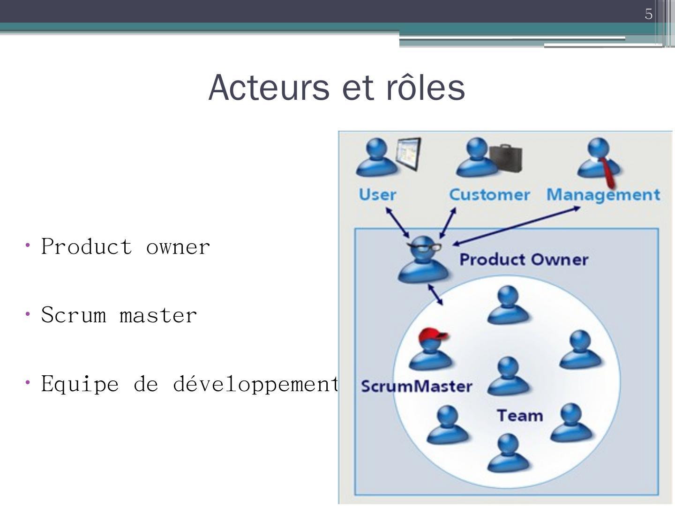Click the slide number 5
[x=648, y=14]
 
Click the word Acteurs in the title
[x=269, y=88]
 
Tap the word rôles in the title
[x=425, y=88]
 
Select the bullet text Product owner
[x=126, y=247]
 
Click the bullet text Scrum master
[x=119, y=315]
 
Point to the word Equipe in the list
[x=80, y=384]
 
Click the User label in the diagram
[x=377, y=194]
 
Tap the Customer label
[x=489, y=194]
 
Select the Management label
[x=603, y=194]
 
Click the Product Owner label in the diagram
[x=524, y=260]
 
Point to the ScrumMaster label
[x=416, y=387]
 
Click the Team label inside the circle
[x=520, y=416]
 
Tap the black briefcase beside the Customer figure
[x=506, y=158]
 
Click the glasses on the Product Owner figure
[x=424, y=247]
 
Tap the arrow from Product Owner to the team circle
[x=435, y=294]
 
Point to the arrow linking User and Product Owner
[x=397, y=223]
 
